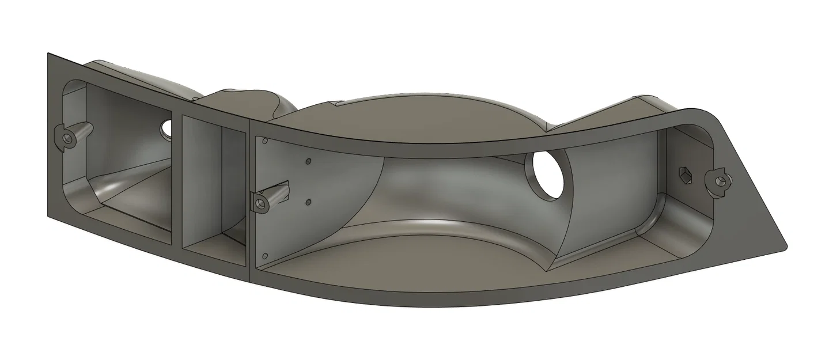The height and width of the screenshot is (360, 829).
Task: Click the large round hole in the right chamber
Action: point(548,175)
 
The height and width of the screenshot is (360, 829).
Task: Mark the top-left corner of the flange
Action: point(48,54)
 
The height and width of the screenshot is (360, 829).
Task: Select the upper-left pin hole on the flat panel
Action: point(264,141)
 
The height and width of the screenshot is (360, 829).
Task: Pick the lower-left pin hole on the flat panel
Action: point(266,256)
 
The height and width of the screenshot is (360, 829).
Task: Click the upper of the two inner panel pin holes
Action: point(308,161)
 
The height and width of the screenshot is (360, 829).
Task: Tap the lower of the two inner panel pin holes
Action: point(309,202)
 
